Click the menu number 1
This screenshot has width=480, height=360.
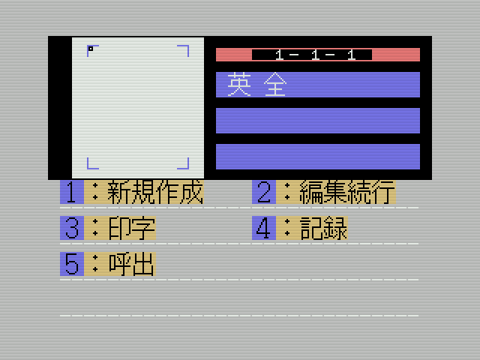[71, 193]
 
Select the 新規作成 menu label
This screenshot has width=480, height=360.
[155, 193]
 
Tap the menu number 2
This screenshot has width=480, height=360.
[263, 193]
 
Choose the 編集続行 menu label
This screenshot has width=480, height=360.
[346, 193]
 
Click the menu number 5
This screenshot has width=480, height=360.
[71, 264]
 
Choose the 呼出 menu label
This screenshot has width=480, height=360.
[131, 264]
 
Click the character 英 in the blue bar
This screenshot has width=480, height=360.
[239, 85]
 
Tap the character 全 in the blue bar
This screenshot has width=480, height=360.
[275, 85]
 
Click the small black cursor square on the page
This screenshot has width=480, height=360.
[91, 49]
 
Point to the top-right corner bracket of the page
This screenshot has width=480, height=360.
[184, 49]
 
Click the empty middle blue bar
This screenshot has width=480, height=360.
[318, 121]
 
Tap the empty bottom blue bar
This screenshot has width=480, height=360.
[318, 156]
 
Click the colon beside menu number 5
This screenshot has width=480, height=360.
[95, 264]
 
